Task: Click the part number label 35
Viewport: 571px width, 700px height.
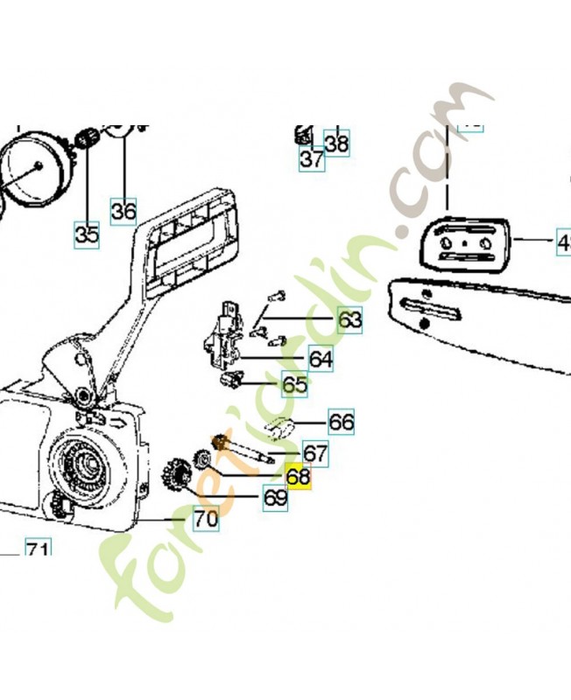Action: pyautogui.click(x=86, y=234)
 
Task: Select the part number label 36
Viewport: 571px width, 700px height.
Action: pyautogui.click(x=123, y=211)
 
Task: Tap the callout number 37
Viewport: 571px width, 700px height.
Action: pyautogui.click(x=312, y=159)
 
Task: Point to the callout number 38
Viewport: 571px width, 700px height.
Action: pyautogui.click(x=336, y=142)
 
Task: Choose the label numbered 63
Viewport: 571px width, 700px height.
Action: pyautogui.click(x=349, y=321)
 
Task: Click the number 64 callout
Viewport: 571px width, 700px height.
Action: pyautogui.click(x=321, y=359)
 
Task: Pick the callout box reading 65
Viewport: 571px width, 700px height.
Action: pyautogui.click(x=294, y=384)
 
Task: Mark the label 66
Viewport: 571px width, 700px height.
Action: pyautogui.click(x=341, y=423)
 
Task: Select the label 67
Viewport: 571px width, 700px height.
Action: pyautogui.click(x=315, y=453)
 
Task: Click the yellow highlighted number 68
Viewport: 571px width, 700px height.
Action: pyautogui.click(x=299, y=477)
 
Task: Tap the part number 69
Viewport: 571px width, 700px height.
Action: pyautogui.click(x=276, y=498)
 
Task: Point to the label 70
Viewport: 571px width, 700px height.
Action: pyautogui.click(x=206, y=519)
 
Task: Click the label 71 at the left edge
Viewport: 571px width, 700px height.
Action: pyautogui.click(x=36, y=550)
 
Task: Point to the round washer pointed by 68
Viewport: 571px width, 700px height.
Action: pyautogui.click(x=201, y=457)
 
